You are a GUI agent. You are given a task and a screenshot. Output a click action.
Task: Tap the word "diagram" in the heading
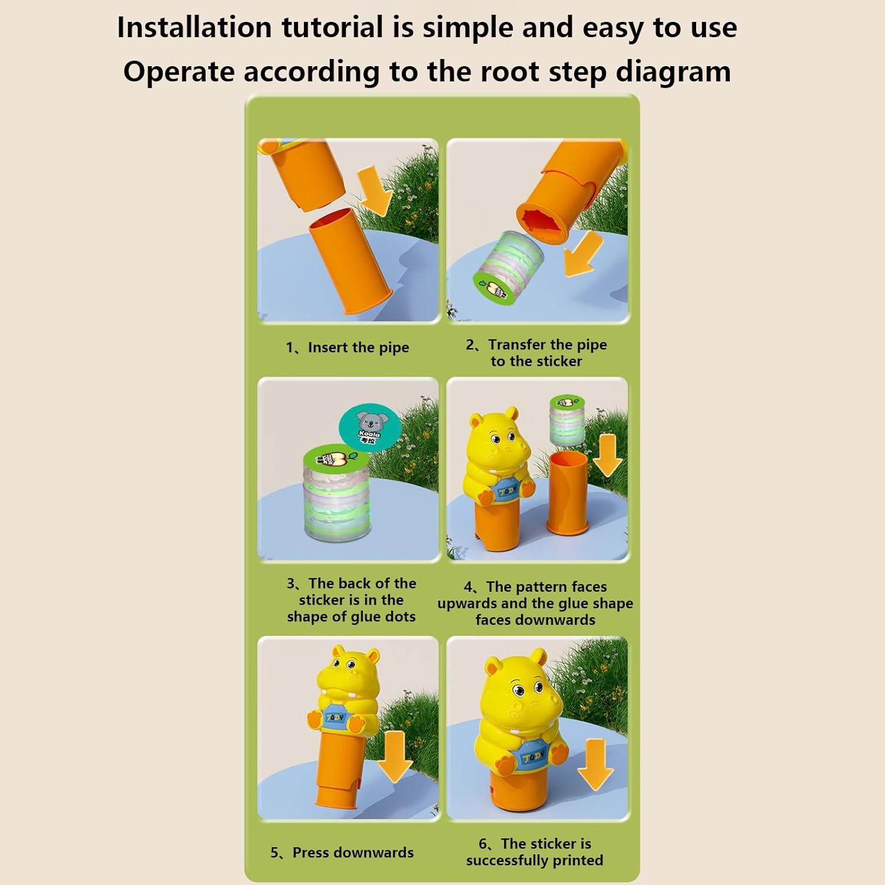pyautogui.click(x=673, y=72)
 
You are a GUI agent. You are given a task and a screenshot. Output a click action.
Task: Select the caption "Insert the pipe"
pyautogui.click(x=358, y=348)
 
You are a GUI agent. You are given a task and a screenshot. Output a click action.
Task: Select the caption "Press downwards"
pyautogui.click(x=353, y=853)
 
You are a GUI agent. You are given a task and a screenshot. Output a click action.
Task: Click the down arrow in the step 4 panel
pyautogui.click(x=607, y=455)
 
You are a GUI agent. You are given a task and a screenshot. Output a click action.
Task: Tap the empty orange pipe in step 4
pyautogui.click(x=568, y=493)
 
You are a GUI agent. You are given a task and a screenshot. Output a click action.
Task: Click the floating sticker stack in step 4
pyautogui.click(x=567, y=420)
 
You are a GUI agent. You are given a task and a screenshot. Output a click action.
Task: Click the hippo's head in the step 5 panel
pyautogui.click(x=347, y=676)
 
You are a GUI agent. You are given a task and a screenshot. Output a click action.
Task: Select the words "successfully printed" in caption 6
pyautogui.click(x=535, y=860)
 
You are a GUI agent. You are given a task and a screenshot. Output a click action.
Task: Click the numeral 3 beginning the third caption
pyautogui.click(x=291, y=584)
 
